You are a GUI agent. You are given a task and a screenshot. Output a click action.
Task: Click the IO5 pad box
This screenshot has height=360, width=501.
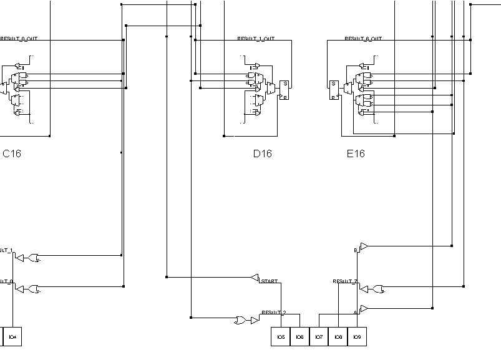[x=281, y=337]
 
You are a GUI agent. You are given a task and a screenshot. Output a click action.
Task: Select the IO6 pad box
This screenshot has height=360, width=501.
[x=299, y=337]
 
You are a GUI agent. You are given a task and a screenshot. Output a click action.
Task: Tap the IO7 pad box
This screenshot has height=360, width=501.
[x=319, y=337]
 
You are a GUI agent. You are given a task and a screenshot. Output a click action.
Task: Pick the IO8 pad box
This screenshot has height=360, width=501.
[x=338, y=337]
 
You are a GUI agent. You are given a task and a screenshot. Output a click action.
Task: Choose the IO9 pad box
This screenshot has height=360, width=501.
[x=357, y=337]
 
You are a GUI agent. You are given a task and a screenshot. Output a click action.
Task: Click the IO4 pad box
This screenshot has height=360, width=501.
[x=12, y=337]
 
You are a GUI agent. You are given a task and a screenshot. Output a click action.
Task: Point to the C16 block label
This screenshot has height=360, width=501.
[x=12, y=153]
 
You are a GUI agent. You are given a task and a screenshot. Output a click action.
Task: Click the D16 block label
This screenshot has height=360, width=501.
[x=262, y=153]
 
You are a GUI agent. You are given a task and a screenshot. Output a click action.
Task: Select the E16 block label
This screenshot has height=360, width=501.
[x=356, y=153]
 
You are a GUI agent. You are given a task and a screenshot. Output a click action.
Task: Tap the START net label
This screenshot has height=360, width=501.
[x=270, y=281]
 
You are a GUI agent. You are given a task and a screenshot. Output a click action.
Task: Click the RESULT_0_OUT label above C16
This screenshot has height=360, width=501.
[x=19, y=39]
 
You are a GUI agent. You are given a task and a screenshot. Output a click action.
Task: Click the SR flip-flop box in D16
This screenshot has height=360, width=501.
[x=285, y=90]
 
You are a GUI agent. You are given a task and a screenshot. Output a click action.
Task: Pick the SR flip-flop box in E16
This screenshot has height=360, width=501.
[x=334, y=90]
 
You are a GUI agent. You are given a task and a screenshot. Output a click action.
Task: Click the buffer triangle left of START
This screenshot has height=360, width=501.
[x=255, y=277]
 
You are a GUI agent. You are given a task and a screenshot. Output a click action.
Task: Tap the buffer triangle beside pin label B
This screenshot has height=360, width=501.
[x=364, y=246]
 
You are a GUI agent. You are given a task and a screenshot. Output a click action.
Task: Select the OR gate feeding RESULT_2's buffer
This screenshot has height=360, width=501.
[x=240, y=320]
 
